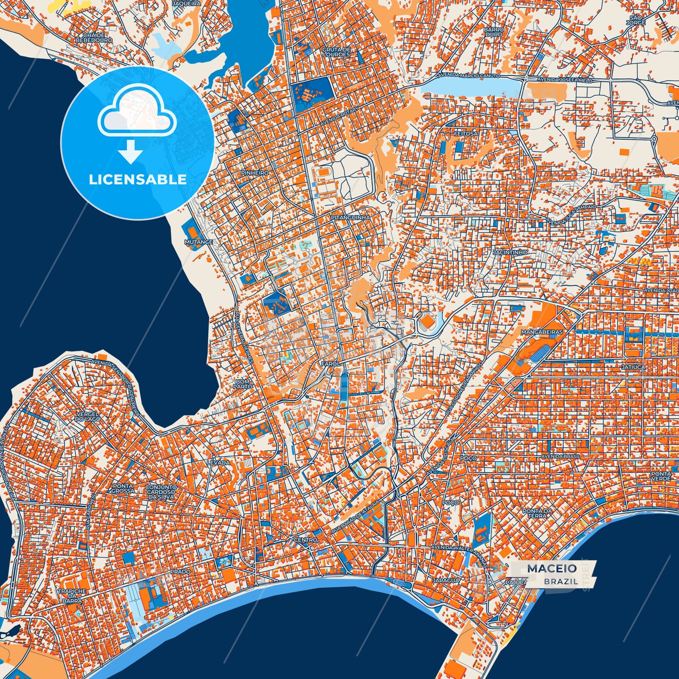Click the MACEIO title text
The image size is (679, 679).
point(552,569)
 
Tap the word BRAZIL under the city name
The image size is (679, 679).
point(561,581)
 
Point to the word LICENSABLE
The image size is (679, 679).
point(138,180)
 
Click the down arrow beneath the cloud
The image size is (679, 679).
point(131,153)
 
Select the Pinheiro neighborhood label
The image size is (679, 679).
point(255,173)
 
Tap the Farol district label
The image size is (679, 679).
point(330,364)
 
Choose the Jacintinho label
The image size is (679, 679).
point(510,252)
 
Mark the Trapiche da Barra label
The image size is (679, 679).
point(71,596)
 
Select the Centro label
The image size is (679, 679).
point(305,540)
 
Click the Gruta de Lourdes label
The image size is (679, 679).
point(336,52)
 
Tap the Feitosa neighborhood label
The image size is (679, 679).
point(466,133)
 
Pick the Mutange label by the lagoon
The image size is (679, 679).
point(198,242)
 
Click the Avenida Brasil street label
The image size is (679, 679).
point(561,456)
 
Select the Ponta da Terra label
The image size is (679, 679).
point(537,513)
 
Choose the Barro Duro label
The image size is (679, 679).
point(494,31)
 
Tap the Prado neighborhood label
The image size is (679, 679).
point(180,571)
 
